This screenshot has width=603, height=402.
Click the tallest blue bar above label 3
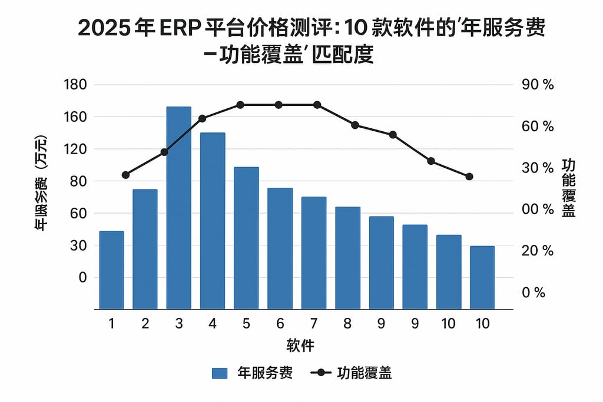point(178,207)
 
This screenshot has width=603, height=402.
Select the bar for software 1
point(111,270)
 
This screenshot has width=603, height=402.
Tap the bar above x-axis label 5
point(246,238)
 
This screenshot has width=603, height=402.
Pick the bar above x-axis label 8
point(347,258)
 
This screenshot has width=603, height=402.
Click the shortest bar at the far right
point(482,277)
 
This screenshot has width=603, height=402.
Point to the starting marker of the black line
point(125,175)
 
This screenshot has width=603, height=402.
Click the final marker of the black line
point(469,177)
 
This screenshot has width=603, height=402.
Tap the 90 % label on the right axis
point(538,85)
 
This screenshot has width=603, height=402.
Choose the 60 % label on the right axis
point(538,127)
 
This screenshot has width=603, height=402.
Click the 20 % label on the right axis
point(538,251)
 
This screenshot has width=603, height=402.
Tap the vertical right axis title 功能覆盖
point(568,188)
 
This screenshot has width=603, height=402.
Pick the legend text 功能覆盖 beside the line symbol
point(365,373)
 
